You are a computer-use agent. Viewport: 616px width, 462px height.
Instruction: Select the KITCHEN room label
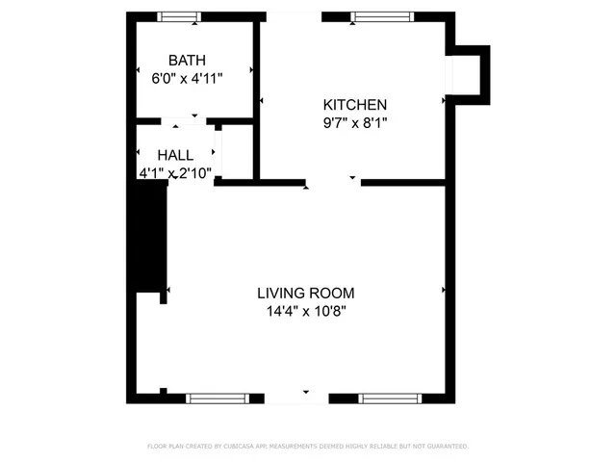354,105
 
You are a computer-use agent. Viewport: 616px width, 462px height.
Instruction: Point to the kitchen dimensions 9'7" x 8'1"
354,123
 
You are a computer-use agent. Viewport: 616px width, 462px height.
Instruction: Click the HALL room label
175,155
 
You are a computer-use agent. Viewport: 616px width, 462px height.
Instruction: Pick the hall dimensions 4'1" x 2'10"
175,173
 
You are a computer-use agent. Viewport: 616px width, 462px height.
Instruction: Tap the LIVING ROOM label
305,293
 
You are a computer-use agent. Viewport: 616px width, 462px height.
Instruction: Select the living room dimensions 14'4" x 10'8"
305,311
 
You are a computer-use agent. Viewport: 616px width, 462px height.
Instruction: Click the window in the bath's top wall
180,16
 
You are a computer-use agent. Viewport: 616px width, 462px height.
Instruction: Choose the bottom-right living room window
390,398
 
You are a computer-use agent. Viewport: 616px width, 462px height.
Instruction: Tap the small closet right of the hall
238,151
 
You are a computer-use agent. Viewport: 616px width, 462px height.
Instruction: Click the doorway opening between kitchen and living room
333,181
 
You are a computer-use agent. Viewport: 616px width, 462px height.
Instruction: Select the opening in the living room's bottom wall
295,398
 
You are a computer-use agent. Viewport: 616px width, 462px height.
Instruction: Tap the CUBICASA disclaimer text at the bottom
307,447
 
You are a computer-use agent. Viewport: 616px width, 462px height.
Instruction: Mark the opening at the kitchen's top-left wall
294,16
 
